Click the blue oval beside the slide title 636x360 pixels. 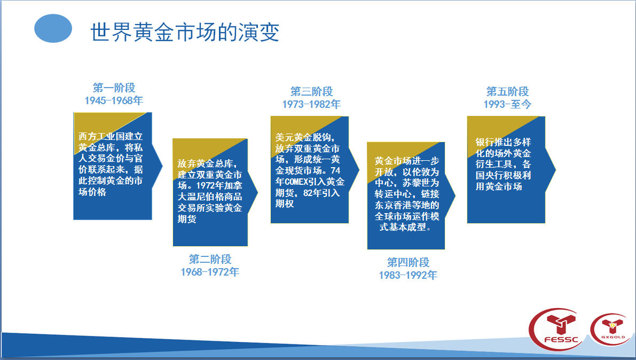(x=53, y=28)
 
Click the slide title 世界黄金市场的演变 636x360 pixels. (x=185, y=32)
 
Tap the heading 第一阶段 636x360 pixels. (x=114, y=88)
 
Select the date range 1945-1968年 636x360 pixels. (x=114, y=100)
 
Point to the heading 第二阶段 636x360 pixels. (x=210, y=259)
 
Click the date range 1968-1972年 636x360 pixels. (x=210, y=272)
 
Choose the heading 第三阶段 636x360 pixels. (x=311, y=91)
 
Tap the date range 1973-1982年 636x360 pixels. (x=311, y=104)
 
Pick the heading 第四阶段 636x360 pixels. (x=408, y=262)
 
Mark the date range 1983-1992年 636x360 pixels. (x=408, y=275)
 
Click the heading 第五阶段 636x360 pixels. (x=507, y=91)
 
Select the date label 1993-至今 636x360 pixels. (x=507, y=104)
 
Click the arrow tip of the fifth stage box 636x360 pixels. (x=555, y=170)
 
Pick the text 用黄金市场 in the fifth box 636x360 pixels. (x=499, y=187)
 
